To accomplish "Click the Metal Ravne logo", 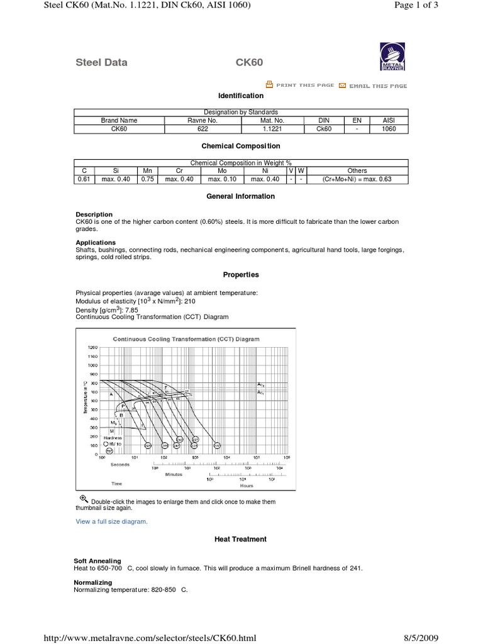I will (392, 57).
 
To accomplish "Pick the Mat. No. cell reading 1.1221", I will (272, 129).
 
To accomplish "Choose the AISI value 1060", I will (389, 129).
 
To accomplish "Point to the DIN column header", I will (323, 120).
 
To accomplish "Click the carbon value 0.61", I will (84, 179).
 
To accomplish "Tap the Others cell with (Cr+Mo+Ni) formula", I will (357, 179).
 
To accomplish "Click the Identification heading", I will (241, 96).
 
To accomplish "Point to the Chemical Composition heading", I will (241, 146).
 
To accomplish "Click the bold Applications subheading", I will (96, 242).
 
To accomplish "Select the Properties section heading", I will (241, 275).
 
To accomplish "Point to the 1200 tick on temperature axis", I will (92, 347).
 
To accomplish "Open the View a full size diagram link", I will (111, 521).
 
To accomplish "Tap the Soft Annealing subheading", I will (97, 560).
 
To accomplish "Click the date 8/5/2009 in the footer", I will (420, 638).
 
